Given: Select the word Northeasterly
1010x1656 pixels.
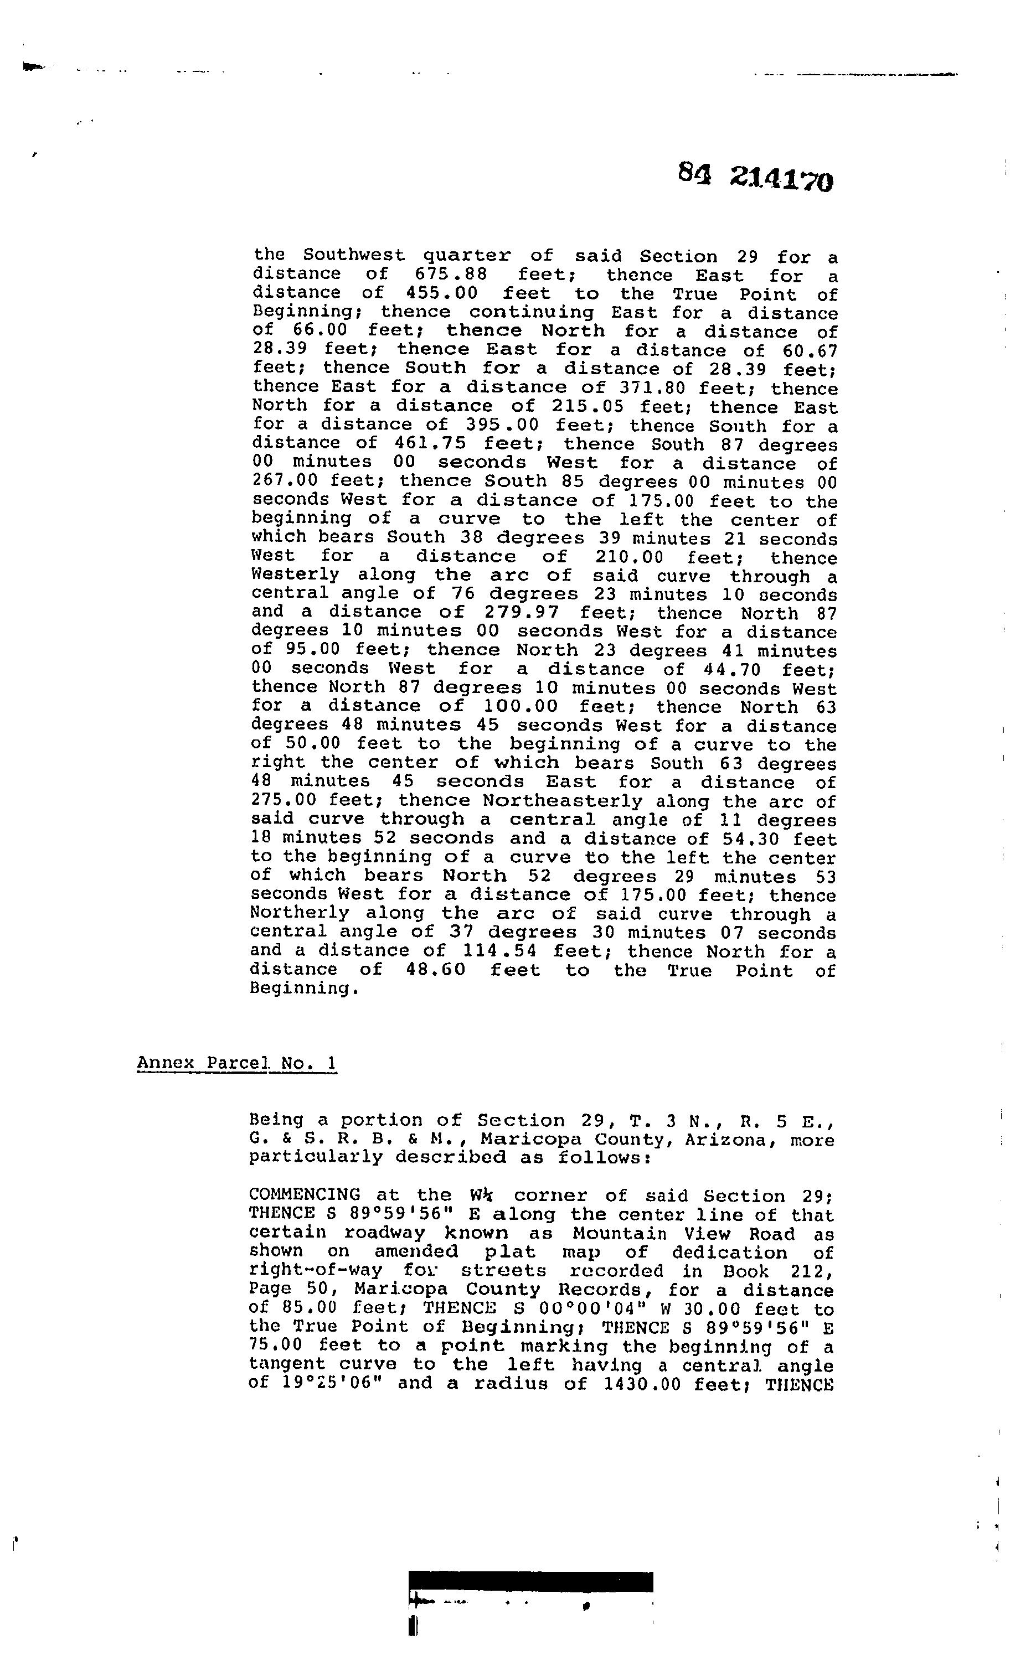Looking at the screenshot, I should (562, 801).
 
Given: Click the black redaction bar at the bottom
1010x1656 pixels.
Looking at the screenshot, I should (530, 1581).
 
